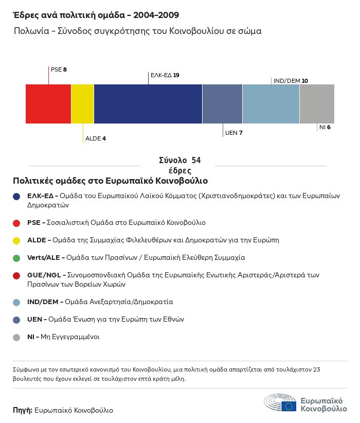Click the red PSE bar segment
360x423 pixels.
click(48, 104)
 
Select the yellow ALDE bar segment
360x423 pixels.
click(82, 104)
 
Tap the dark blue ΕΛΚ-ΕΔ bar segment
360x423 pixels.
click(148, 104)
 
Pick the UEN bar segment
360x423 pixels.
click(222, 104)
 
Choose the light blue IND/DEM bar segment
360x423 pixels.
click(271, 104)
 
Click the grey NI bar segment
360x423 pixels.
click(317, 104)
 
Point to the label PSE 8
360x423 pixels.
click(59, 69)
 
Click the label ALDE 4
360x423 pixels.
click(96, 138)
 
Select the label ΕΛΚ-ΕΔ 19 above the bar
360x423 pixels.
click(165, 75)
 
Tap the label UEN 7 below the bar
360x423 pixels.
click(233, 133)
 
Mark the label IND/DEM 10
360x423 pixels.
click(291, 81)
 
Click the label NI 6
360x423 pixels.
click(325, 127)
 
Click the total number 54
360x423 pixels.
click(195, 161)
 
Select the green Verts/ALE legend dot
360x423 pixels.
click(17, 257)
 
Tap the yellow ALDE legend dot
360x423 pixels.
click(17, 240)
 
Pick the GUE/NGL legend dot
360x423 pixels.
click(17, 275)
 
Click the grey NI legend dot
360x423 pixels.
click(17, 337)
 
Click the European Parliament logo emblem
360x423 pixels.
click(280, 402)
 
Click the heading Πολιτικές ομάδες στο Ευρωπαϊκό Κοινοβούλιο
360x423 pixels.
click(110, 181)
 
